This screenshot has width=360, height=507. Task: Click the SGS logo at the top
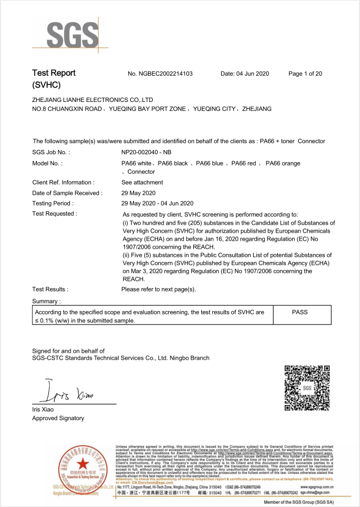click(x=69, y=35)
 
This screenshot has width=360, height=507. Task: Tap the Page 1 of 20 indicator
click(x=305, y=74)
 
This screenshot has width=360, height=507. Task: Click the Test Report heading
click(x=54, y=73)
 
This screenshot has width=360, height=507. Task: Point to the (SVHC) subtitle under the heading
click(x=46, y=85)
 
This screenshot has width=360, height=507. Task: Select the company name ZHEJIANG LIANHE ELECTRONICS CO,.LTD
click(x=92, y=100)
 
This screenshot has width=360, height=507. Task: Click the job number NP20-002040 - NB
click(x=146, y=153)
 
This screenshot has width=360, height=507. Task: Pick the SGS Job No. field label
click(x=51, y=153)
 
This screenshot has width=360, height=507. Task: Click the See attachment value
click(x=142, y=183)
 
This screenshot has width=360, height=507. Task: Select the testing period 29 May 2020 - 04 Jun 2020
click(x=158, y=203)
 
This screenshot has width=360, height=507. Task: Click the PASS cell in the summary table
click(x=300, y=312)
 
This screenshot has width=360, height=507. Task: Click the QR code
click(x=307, y=388)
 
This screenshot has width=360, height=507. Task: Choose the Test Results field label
click(x=50, y=289)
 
